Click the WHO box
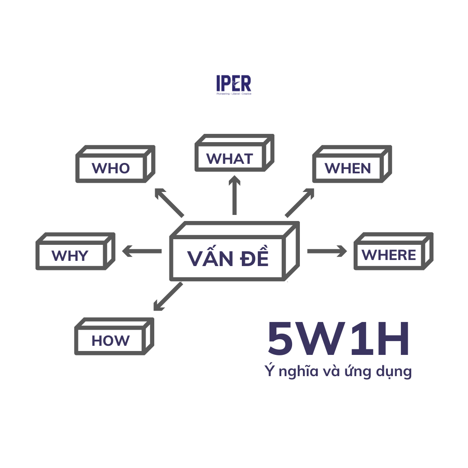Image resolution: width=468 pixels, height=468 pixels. pyautogui.click(x=115, y=164)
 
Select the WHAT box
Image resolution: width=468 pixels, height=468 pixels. pyautogui.click(x=234, y=153)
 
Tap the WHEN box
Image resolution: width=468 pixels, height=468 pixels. pyautogui.click(x=352, y=164)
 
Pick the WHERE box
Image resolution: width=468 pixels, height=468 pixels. pyautogui.click(x=393, y=251)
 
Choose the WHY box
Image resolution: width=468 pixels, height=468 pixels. pyautogui.click(x=75, y=251)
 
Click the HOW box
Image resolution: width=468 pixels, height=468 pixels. pyautogui.click(x=114, y=336)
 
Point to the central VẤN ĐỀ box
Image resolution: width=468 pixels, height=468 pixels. pyautogui.click(x=234, y=251)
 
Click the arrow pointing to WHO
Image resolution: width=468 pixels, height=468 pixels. pyautogui.click(x=169, y=202)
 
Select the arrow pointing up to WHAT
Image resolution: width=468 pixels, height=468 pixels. pyautogui.click(x=234, y=195)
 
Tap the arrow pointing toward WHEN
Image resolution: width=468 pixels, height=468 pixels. pyautogui.click(x=300, y=202)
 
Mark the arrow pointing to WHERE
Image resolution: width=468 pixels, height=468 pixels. pyautogui.click(x=327, y=251)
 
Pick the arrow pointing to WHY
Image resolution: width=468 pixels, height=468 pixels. pyautogui.click(x=142, y=251)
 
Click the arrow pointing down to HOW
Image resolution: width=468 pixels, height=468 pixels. pyautogui.click(x=168, y=296)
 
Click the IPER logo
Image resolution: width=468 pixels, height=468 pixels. pyautogui.click(x=234, y=85)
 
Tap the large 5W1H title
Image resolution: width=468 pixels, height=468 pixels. pyautogui.click(x=338, y=339)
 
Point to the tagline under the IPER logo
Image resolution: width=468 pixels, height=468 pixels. pyautogui.click(x=234, y=94)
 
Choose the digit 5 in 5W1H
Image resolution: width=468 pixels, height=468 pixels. pyautogui.click(x=280, y=339)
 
